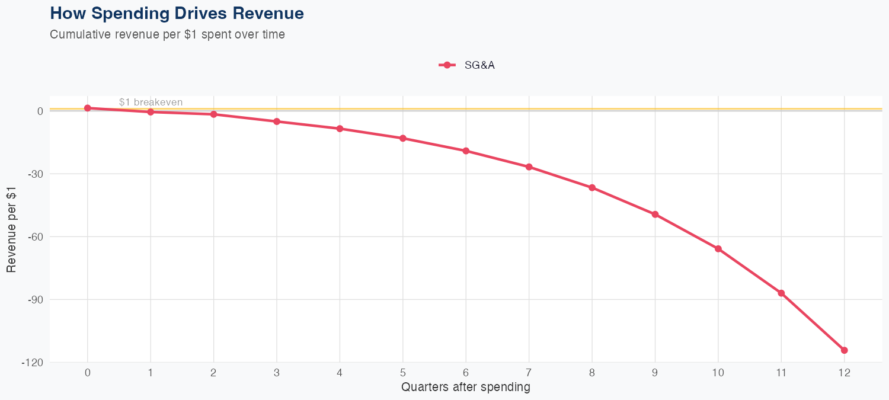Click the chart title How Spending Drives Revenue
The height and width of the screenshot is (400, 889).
tap(177, 13)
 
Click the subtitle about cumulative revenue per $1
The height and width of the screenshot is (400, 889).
tap(167, 34)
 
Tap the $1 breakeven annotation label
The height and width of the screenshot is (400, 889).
tap(151, 102)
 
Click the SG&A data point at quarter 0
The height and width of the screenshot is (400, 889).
tap(88, 108)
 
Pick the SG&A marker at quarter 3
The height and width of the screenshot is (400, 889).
tap(277, 121)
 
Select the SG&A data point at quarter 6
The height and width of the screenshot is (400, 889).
tap(466, 151)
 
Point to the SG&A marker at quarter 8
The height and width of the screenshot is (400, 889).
tap(592, 188)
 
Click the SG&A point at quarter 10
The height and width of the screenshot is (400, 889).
tap(718, 249)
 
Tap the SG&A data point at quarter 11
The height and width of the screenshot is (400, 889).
tap(781, 293)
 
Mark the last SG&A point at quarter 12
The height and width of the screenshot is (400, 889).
tap(845, 350)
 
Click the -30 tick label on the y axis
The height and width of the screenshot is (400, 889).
tap(35, 174)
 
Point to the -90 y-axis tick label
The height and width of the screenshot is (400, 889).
tap(35, 300)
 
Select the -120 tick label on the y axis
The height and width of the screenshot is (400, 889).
tap(33, 363)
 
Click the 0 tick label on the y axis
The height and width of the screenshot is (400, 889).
tap(40, 111)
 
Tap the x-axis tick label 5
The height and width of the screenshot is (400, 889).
tap(403, 373)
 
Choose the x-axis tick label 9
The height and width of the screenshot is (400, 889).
tap(655, 373)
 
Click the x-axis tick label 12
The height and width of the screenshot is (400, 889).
tap(845, 373)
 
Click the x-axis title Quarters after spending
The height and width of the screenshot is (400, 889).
tap(465, 388)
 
